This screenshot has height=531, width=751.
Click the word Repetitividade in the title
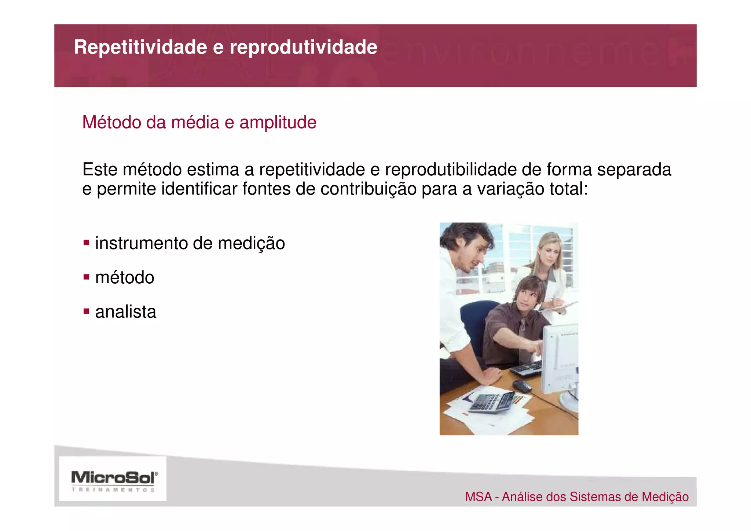(x=140, y=47)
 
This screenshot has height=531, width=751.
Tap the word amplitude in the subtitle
(x=278, y=123)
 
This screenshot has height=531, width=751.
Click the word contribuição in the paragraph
(x=368, y=189)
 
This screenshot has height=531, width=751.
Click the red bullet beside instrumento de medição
(x=86, y=243)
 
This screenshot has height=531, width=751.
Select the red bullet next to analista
(x=86, y=312)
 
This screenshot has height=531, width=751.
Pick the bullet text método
(x=125, y=277)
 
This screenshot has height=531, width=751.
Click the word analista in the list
(x=125, y=312)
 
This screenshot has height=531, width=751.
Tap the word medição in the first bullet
(x=251, y=243)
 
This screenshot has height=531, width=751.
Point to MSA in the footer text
(x=478, y=497)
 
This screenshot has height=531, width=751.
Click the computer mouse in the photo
(x=521, y=386)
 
